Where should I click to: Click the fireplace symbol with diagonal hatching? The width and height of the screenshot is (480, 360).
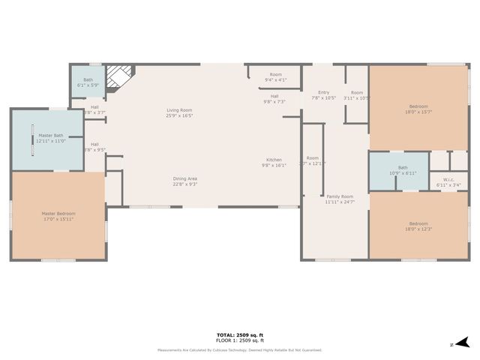(118, 76)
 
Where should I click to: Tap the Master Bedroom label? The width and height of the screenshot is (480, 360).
(58, 214)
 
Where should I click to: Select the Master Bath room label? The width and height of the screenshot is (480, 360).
(51, 135)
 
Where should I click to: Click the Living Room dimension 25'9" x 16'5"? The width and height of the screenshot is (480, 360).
(179, 115)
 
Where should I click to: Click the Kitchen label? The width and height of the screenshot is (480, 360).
(274, 160)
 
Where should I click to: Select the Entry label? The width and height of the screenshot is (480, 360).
(323, 92)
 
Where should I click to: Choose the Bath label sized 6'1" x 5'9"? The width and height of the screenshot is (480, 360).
(88, 85)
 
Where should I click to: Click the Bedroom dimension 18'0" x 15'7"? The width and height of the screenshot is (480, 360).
(418, 112)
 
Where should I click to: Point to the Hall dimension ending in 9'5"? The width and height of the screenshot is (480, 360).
(94, 149)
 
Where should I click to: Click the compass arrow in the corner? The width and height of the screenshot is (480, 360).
(462, 342)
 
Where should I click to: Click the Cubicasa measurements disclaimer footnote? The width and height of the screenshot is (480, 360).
(239, 349)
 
